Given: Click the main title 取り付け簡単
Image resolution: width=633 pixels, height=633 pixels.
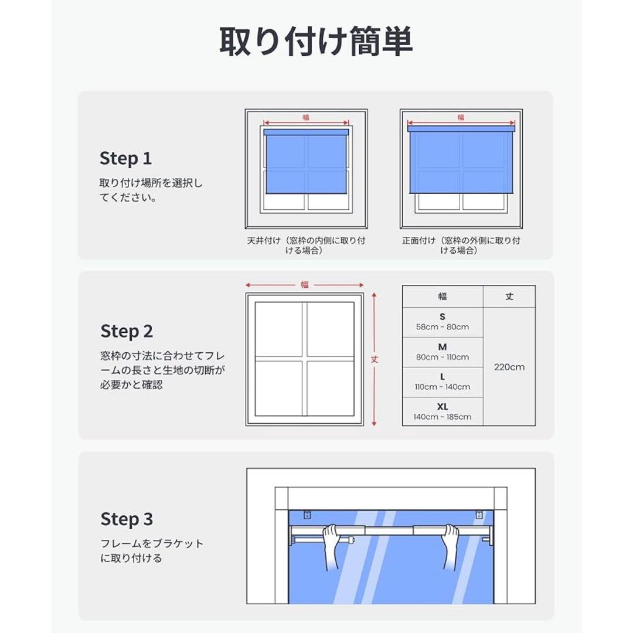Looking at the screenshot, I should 316,42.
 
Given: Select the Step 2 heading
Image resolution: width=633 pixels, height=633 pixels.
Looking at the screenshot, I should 127,331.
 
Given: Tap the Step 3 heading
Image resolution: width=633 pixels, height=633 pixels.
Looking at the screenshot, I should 127,519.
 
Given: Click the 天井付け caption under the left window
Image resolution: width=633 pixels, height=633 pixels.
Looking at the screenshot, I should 306,245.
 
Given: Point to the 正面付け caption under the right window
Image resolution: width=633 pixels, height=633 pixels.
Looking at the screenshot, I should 461,245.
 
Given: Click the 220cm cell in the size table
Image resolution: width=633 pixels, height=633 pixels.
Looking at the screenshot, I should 509,367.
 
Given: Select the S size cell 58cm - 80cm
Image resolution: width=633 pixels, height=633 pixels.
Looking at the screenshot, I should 443,322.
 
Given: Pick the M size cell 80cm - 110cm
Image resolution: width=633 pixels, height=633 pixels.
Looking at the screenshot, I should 443,352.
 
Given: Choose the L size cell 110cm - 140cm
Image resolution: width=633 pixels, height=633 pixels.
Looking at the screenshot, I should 443,382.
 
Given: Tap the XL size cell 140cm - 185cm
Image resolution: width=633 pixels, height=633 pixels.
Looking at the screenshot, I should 443,411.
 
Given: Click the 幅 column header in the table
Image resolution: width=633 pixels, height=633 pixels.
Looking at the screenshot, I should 443,297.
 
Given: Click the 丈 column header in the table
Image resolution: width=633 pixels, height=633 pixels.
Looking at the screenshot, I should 509,297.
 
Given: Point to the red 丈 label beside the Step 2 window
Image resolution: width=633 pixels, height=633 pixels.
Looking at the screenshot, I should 375,359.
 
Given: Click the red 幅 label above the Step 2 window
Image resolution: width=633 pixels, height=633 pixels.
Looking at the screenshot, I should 305,285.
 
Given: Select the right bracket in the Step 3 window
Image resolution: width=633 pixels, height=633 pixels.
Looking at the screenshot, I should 479,516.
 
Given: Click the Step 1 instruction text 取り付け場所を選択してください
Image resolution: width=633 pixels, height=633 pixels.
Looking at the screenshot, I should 151,190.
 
